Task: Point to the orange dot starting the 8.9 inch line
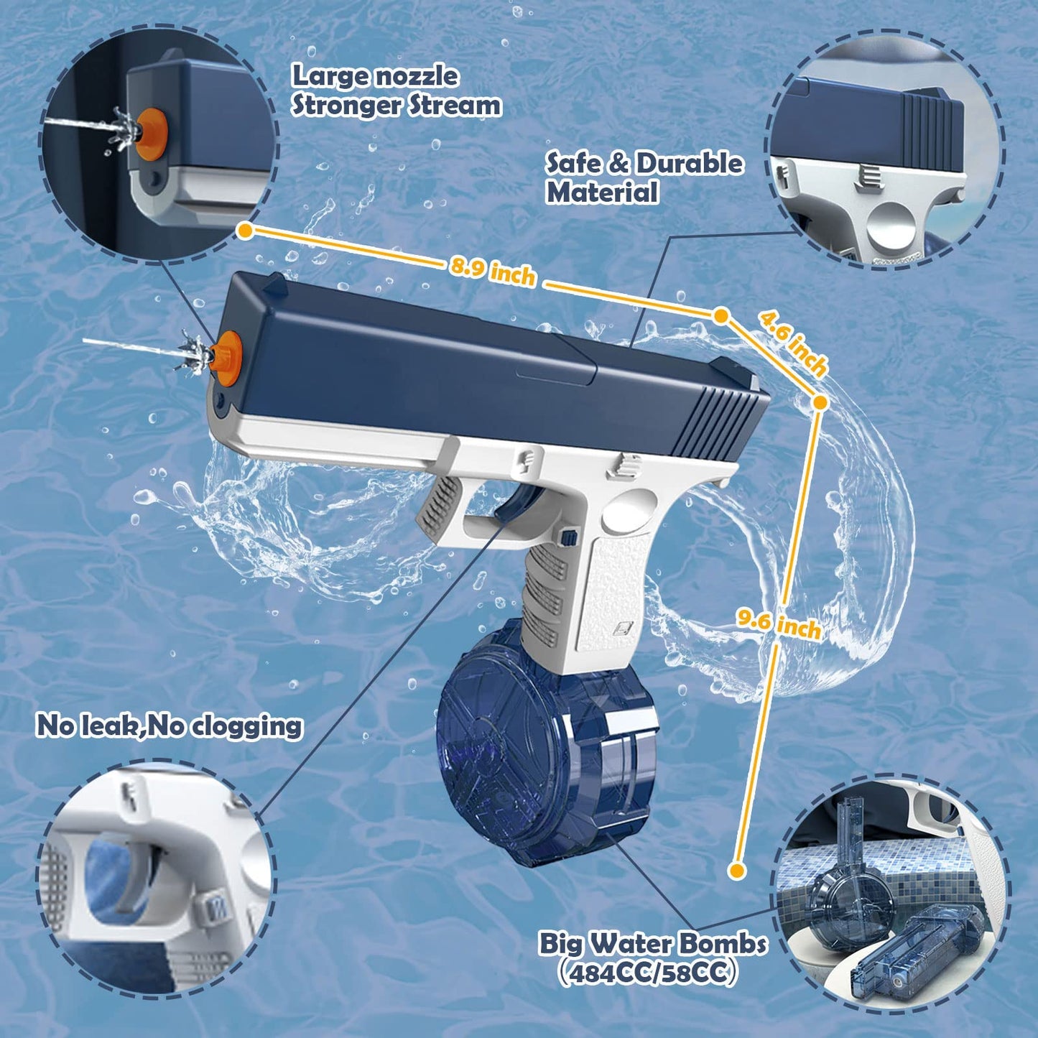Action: point(246,231)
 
